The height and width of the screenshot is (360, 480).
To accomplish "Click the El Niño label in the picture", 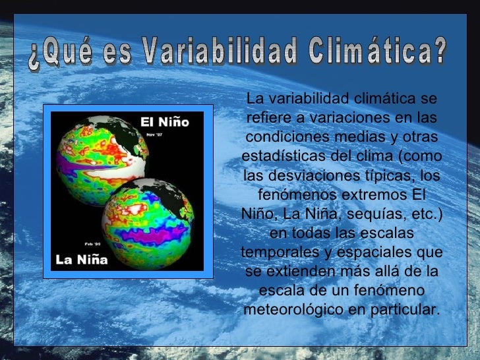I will (x=164, y=122).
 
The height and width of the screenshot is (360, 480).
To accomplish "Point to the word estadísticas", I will (x=281, y=157).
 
